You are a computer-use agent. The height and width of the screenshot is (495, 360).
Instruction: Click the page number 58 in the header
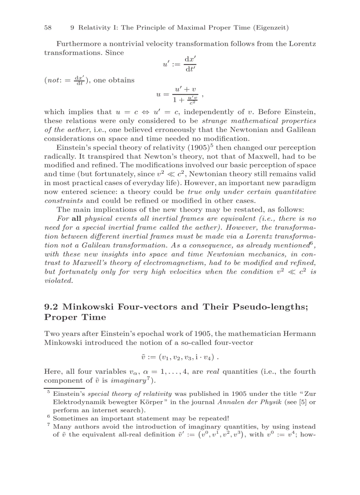[x=48, y=28]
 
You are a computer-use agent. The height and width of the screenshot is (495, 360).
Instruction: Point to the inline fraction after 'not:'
[x=79, y=80]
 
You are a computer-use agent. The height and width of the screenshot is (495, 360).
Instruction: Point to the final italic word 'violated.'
[x=59, y=280]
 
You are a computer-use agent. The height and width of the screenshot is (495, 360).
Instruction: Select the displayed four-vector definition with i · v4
[x=180, y=356]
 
